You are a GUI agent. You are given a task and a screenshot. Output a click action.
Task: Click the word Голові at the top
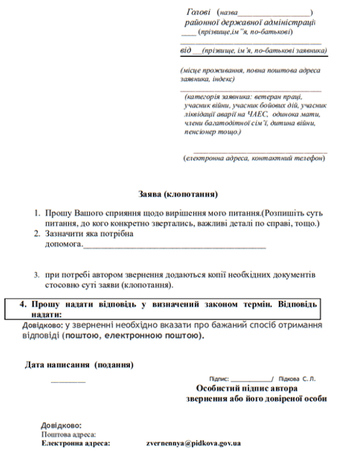[x=198, y=12]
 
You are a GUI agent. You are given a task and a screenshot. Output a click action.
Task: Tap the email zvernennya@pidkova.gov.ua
[x=193, y=443]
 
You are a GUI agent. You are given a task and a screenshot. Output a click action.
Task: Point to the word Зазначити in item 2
[x=68, y=234]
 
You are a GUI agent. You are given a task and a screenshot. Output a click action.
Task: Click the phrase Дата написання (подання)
[x=79, y=365]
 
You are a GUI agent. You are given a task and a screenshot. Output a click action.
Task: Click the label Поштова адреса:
[x=68, y=435]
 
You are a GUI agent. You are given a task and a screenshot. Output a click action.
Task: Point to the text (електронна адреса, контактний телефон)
[x=254, y=158]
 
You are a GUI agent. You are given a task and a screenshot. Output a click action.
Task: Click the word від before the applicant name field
[x=186, y=51]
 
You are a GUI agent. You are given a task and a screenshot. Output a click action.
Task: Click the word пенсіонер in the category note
[x=204, y=131]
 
